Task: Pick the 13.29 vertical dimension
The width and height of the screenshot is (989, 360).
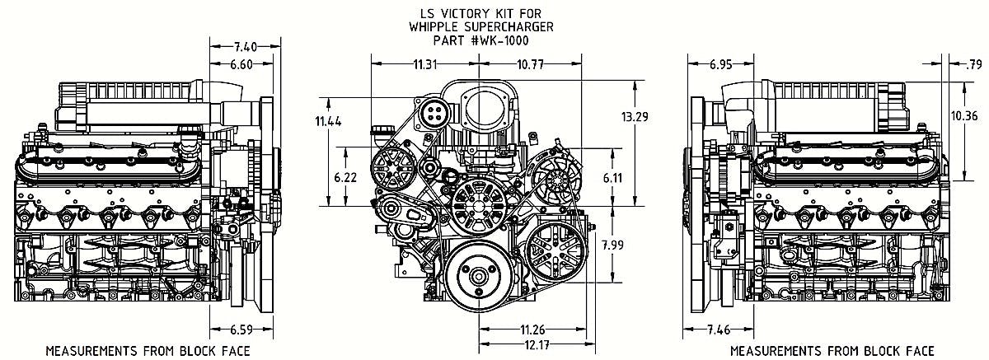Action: (635, 117)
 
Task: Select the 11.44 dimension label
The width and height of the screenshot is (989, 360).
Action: (327, 121)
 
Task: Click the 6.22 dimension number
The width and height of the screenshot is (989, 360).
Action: (345, 178)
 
